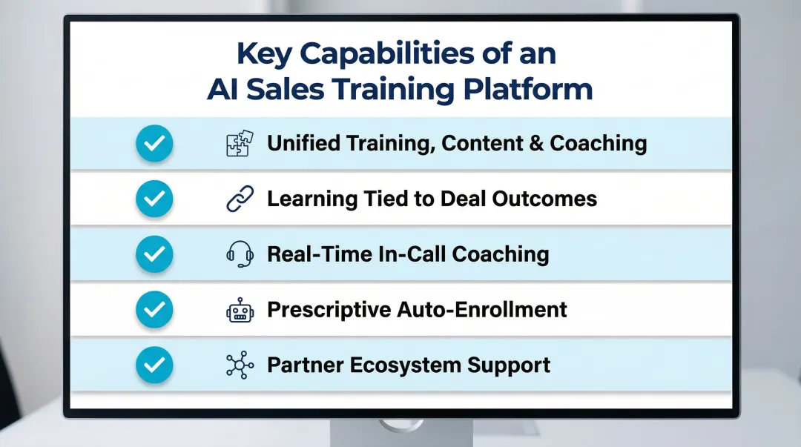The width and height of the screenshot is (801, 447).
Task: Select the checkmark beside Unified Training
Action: point(154,144)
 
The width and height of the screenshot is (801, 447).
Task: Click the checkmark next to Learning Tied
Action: point(154,199)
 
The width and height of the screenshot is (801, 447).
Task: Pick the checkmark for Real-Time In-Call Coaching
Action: point(154,254)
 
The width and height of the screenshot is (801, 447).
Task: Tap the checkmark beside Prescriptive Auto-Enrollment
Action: point(154,309)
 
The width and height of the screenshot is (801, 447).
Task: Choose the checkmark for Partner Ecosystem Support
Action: point(154,365)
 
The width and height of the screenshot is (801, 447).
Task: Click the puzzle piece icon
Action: point(240,144)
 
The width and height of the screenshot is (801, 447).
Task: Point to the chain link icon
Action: point(240,199)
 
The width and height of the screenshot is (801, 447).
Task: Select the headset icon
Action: point(240,254)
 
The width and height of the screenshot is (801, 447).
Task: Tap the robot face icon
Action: point(240,310)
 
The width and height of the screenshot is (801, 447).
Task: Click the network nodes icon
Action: point(240,365)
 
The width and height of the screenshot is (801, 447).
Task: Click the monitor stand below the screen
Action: point(400,428)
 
